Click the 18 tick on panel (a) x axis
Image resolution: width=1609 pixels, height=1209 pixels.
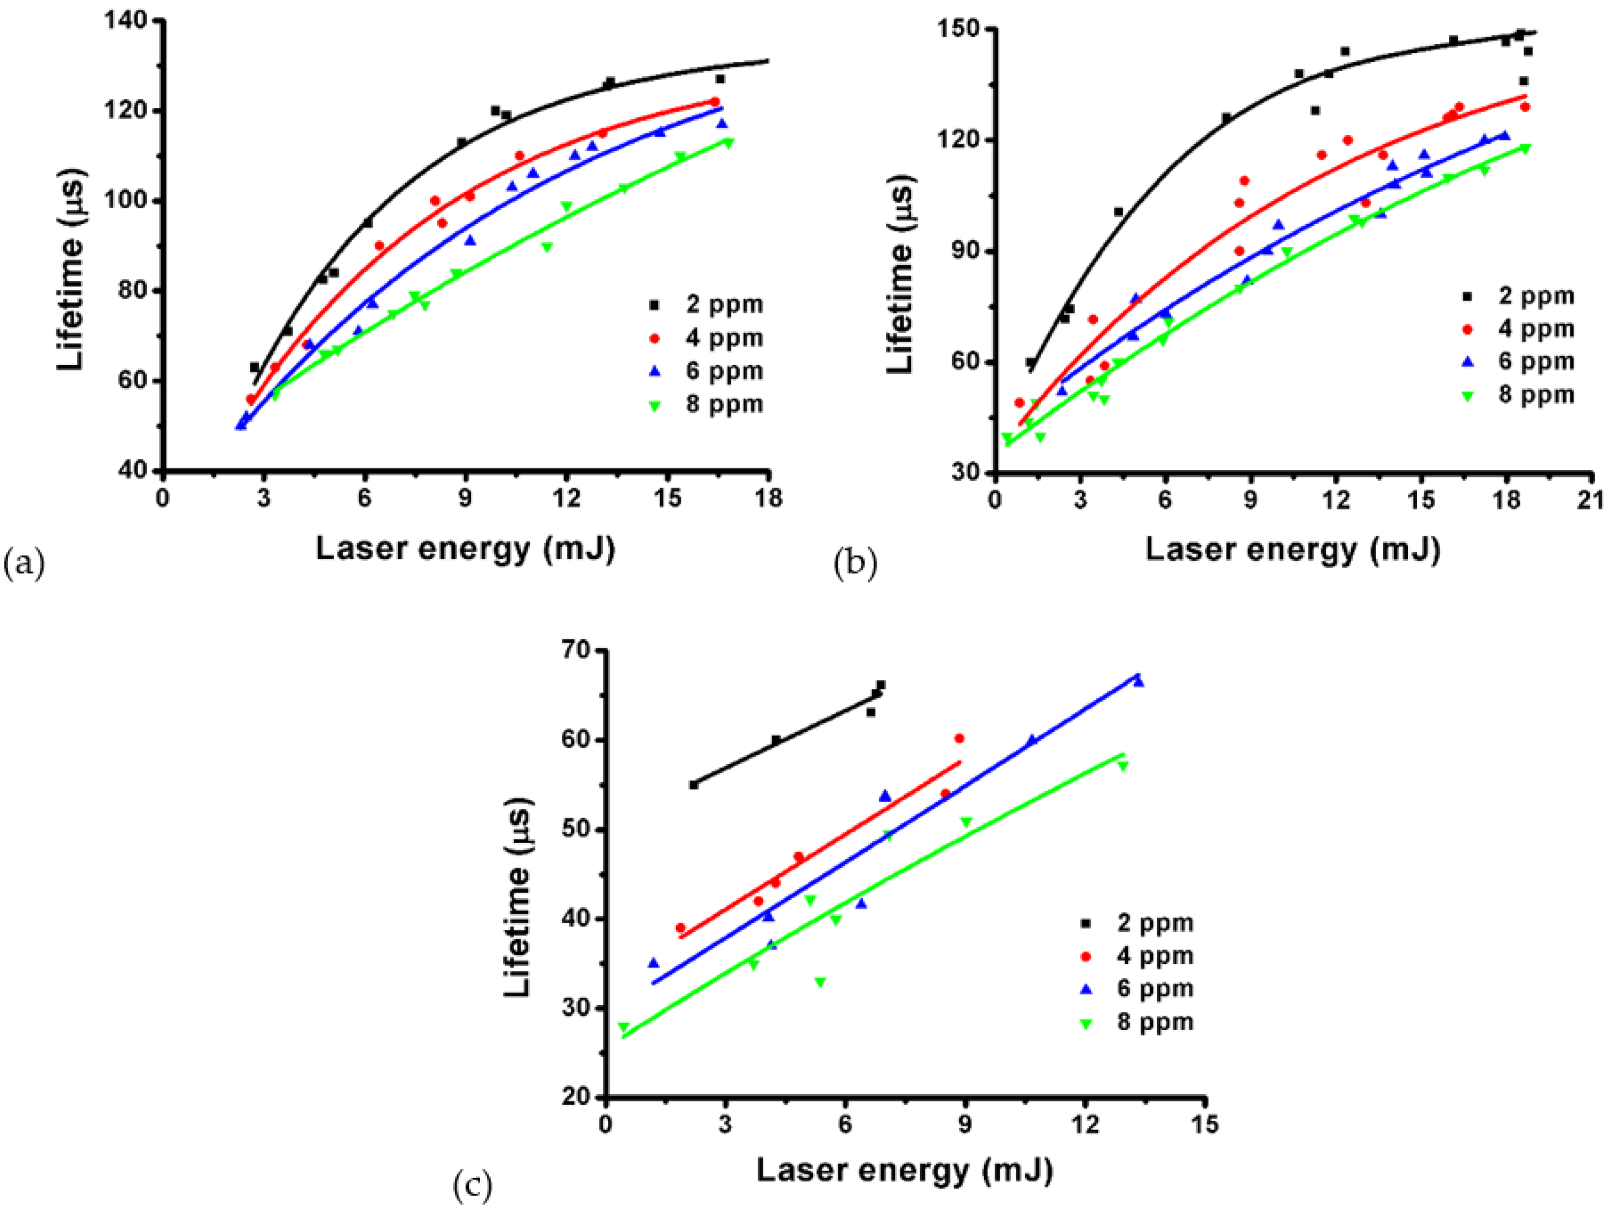768,499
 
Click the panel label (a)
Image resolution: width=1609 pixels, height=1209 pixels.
24,563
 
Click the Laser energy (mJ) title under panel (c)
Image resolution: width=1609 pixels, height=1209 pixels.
904,1170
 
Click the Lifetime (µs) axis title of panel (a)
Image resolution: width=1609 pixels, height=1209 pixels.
71,269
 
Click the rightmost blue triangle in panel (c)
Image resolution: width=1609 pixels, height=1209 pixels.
1138,682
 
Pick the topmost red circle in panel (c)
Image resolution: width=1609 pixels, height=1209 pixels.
959,738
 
